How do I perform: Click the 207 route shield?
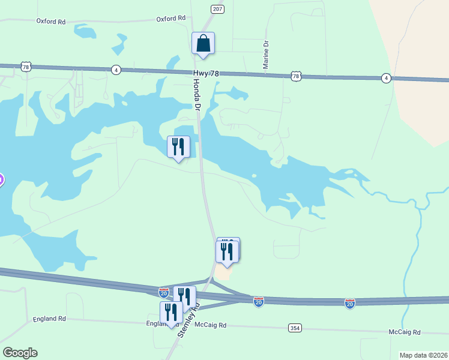pyautogui.click(x=217, y=9)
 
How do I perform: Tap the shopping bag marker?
pyautogui.click(x=203, y=44)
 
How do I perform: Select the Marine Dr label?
pyautogui.click(x=265, y=54)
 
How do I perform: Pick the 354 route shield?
pyautogui.click(x=295, y=328)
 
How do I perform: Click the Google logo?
pyautogui.click(x=20, y=353)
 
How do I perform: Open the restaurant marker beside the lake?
pyautogui.click(x=178, y=147)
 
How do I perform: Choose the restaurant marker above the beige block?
pyautogui.click(x=228, y=252)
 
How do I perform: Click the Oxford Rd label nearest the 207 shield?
pyautogui.click(x=170, y=19)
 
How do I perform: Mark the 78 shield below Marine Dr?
pyautogui.click(x=295, y=76)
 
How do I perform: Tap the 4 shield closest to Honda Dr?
pyautogui.click(x=116, y=70)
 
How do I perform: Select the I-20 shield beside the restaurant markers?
pyautogui.click(x=164, y=292)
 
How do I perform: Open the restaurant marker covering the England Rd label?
pyautogui.click(x=171, y=313)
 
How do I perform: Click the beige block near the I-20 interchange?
pyautogui.click(x=223, y=272)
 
